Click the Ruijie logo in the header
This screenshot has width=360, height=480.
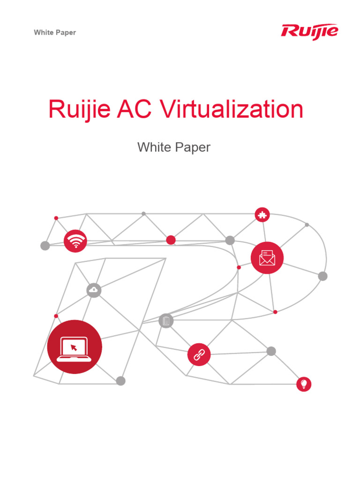(309, 31)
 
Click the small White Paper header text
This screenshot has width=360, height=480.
(55, 32)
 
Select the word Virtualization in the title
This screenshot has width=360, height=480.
(232, 110)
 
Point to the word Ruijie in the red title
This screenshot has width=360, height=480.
(79, 110)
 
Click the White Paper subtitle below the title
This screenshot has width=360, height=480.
(174, 147)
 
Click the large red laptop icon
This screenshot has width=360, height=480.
(75, 347)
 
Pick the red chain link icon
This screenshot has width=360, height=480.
(199, 354)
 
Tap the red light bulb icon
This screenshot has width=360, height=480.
(304, 384)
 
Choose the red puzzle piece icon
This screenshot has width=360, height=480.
(262, 215)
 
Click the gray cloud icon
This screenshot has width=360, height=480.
(94, 291)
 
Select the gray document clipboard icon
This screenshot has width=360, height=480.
(166, 321)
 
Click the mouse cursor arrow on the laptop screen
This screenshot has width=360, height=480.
(74, 347)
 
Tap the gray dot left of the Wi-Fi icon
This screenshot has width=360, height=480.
(45, 246)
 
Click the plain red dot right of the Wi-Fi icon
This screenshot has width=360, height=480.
(171, 240)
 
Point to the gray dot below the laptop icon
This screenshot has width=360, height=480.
(121, 381)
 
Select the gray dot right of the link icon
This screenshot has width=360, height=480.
(271, 351)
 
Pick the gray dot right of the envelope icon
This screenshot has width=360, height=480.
(322, 276)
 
